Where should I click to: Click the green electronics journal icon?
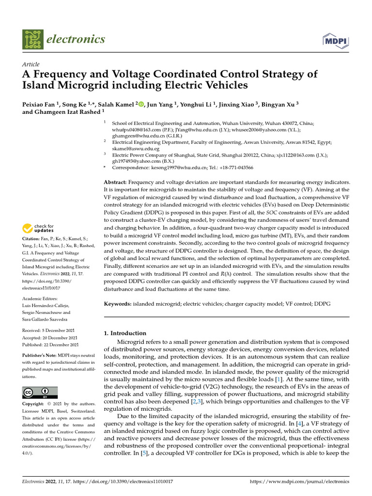pyautogui.click(x=32, y=39)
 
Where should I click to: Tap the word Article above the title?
pyautogui.click(x=31, y=64)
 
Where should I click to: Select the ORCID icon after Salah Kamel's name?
pyautogui.click(x=142, y=104)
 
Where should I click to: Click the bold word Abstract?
pyautogui.click(x=116, y=182)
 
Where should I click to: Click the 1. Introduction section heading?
pyautogui.click(x=125, y=333)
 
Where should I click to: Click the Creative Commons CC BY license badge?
pyautogui.click(x=40, y=392)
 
